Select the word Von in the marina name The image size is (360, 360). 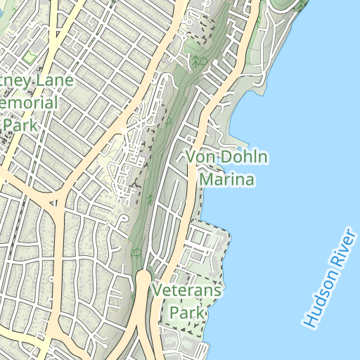(200, 157)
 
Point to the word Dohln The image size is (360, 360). (243, 157)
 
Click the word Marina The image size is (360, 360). (226, 180)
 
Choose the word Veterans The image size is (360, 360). (186, 290)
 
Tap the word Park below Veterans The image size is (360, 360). (186, 311)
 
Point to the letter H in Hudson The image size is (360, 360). (308, 321)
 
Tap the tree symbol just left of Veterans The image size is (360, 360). (136, 251)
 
